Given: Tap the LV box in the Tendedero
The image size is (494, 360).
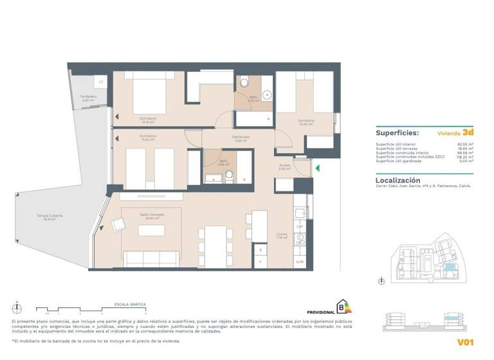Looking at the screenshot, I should pyautogui.click(x=101, y=82).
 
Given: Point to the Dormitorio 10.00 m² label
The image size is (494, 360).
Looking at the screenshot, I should pyautogui.click(x=306, y=122).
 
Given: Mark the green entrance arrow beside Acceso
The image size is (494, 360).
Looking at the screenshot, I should pyautogui.click(x=316, y=168).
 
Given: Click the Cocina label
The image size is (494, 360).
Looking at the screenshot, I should pyautogui.click(x=282, y=235).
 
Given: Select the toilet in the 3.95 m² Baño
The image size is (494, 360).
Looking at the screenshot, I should pyautogui.click(x=228, y=174).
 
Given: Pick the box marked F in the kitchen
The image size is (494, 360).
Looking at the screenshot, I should pyautogui.click(x=260, y=262).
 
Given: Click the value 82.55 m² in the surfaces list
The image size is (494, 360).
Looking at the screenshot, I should pyautogui.click(x=465, y=144).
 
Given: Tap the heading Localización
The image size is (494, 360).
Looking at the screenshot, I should pyautogui.click(x=398, y=181).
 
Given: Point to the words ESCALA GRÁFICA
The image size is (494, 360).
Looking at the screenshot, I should pyautogui.click(x=130, y=303).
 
